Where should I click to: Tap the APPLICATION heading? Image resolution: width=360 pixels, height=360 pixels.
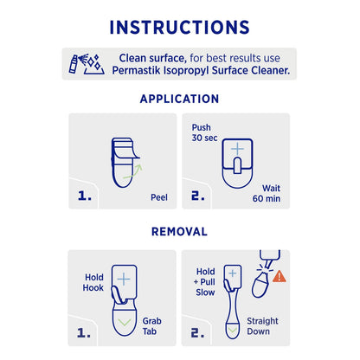[180, 99]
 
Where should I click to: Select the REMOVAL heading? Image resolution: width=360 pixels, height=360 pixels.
[180, 232]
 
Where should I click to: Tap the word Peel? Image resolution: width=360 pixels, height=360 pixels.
[159, 196]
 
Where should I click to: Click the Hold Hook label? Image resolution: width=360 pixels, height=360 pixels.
[93, 283]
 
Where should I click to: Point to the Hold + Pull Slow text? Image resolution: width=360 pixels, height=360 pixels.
[206, 282]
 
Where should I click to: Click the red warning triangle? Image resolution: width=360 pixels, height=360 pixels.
[279, 277]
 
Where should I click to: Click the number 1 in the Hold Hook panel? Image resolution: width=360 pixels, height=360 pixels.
[85, 331]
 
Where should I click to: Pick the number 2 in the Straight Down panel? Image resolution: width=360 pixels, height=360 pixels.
[197, 331]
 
